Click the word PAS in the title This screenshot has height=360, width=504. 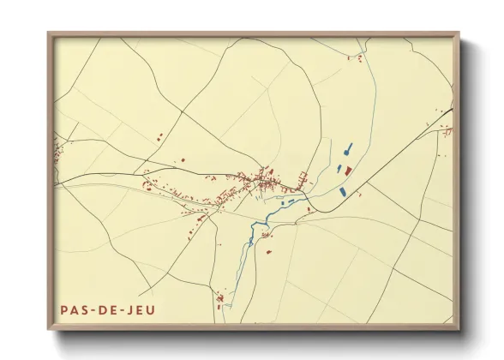click(73, 309)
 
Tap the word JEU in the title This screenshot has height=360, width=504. click(141, 309)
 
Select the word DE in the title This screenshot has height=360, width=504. click(107, 309)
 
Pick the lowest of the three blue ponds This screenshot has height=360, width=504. click(344, 191)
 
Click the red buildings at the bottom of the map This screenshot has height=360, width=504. click(220, 299)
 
